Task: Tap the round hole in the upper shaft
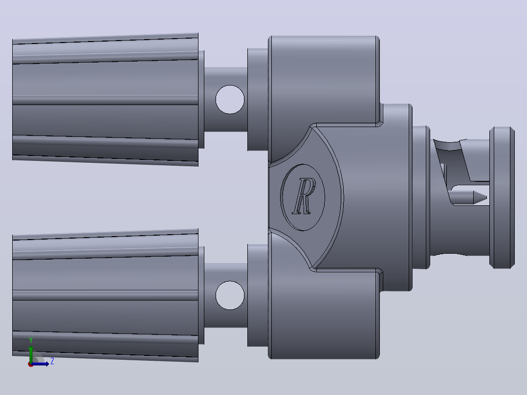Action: [x=230, y=100]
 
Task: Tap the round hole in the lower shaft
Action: [x=230, y=295]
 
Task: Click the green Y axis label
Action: [x=31, y=340]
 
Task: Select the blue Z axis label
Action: [x=52, y=361]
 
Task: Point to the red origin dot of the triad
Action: [x=31, y=364]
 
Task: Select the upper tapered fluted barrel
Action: [x=105, y=100]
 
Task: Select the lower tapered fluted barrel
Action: [x=105, y=295]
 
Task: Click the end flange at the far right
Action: [x=502, y=197]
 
